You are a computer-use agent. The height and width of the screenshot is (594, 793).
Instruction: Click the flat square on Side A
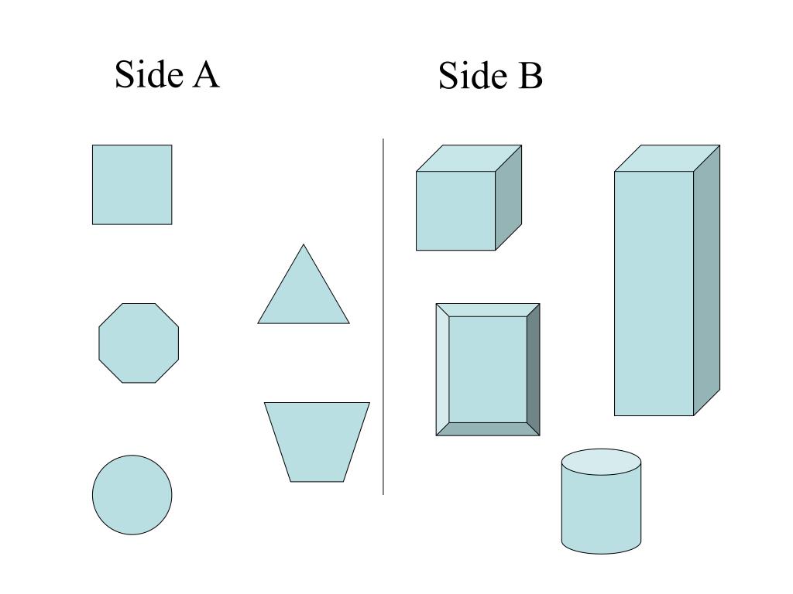[x=132, y=185]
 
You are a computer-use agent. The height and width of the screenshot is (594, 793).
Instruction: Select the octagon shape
[x=139, y=343]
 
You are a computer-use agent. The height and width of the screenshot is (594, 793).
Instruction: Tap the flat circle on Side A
[x=132, y=495]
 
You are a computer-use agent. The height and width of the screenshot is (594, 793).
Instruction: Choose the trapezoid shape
[x=317, y=440]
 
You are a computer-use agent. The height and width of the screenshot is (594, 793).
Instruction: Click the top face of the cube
[x=469, y=158]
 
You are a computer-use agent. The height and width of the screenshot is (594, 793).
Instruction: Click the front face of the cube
[x=455, y=210]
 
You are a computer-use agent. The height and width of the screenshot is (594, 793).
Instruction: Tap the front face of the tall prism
[x=654, y=293]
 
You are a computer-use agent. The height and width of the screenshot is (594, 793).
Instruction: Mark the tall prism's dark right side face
[x=707, y=279]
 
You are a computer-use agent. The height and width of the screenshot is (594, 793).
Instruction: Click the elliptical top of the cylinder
[x=601, y=463]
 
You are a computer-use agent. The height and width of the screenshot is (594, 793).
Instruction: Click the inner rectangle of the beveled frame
[x=488, y=369]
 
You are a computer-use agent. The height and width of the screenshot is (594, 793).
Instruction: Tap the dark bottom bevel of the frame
[x=488, y=429]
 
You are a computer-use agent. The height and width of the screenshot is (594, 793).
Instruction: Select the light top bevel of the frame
[x=488, y=309]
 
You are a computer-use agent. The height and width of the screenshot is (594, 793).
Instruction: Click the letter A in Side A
[x=206, y=75]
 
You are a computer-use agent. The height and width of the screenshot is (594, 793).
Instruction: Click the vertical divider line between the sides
[x=383, y=317]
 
